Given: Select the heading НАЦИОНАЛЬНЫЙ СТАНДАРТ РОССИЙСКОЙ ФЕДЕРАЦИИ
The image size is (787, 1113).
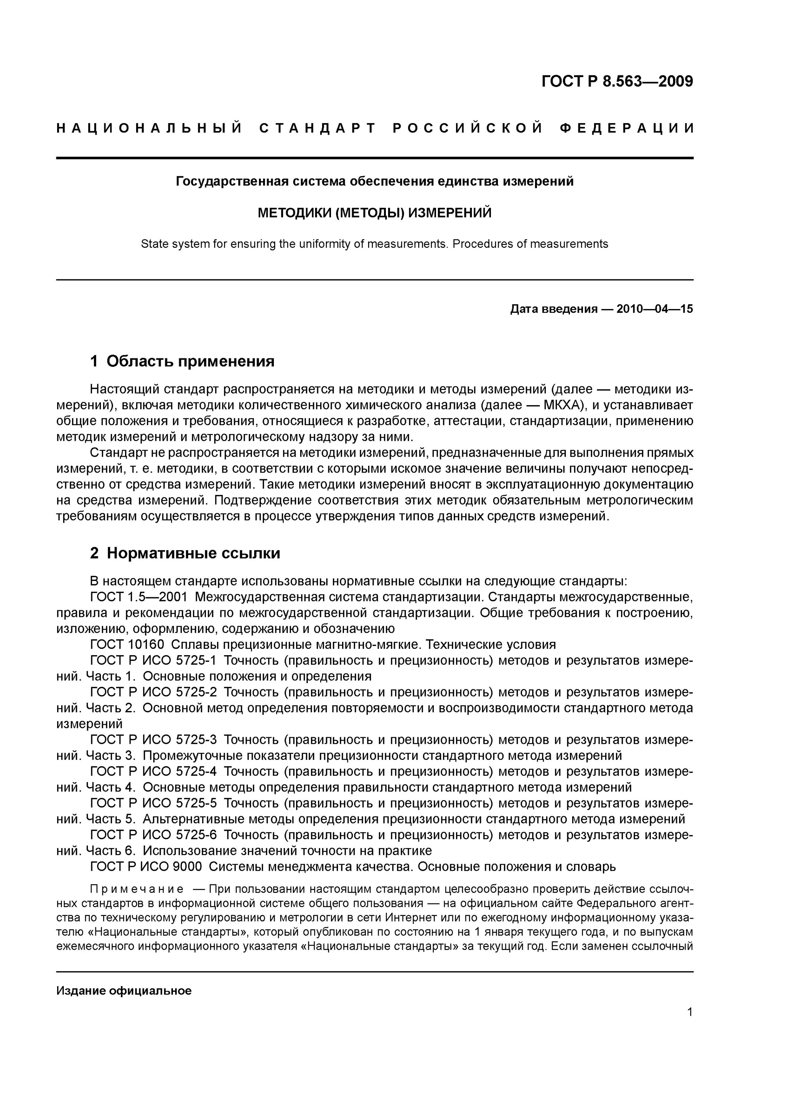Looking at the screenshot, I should pos(375,128).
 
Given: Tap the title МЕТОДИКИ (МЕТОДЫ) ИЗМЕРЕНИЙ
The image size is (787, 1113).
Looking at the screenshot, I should pos(374,213).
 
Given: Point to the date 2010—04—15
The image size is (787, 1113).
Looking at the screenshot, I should pos(655,309).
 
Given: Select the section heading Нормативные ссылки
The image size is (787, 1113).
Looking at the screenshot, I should pos(193,553).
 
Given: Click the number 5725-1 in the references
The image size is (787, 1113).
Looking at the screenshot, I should pos(196,661).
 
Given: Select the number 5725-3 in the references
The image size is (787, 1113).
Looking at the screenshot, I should pos(196,740).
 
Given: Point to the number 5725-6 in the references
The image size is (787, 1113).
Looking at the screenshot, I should pos(196,835).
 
